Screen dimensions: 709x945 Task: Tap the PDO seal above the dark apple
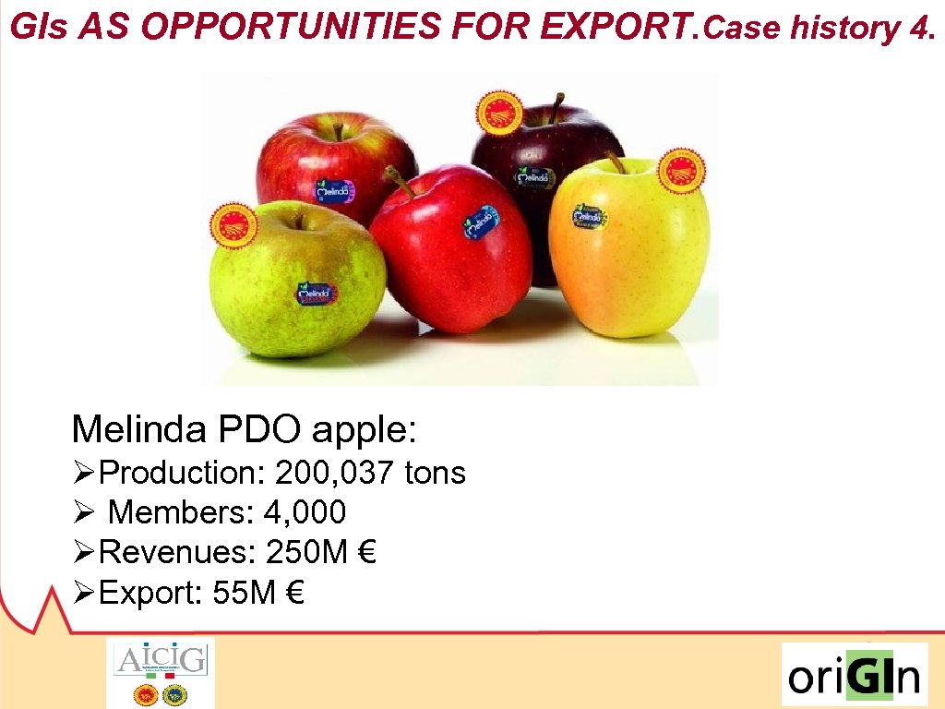point(498,113)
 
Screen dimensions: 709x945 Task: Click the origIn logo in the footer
point(854,675)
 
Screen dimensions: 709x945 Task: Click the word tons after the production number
point(435,474)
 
